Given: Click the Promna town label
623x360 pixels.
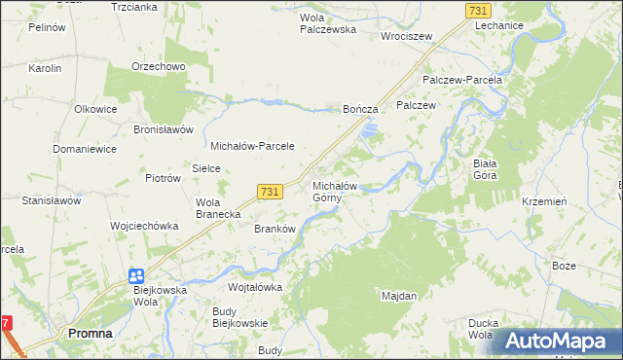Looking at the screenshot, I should point(90,333).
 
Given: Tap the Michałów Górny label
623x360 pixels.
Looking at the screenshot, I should point(336,192).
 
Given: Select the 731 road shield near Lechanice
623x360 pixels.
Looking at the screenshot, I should point(477,10).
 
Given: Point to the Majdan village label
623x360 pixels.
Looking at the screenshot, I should point(399,295).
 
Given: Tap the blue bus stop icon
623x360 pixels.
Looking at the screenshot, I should point(135,275).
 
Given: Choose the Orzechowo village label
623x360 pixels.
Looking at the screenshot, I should point(159,66).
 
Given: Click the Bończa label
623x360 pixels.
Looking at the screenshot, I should point(359,110).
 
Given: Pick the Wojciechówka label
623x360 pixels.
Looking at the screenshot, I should point(144,225).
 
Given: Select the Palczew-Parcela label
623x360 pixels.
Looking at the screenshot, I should point(461,80).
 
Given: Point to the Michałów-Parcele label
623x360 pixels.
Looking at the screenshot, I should point(252,145).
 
